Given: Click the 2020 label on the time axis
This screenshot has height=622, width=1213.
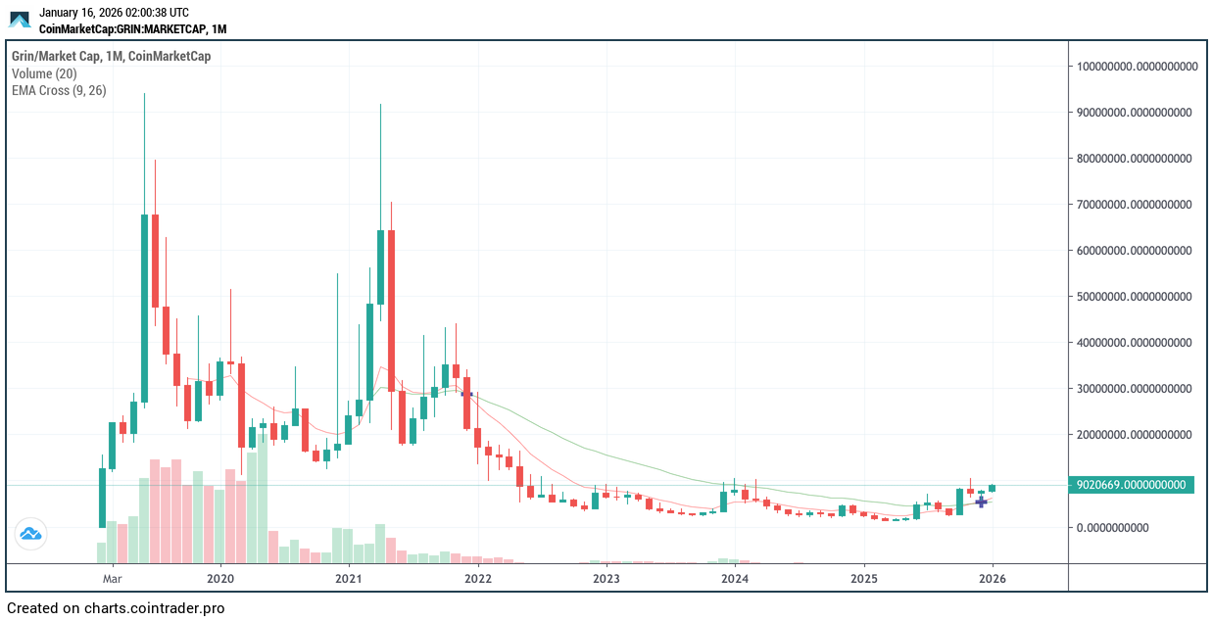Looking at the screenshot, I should pyautogui.click(x=220, y=578).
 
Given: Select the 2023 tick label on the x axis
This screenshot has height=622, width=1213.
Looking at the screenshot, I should pyautogui.click(x=606, y=578).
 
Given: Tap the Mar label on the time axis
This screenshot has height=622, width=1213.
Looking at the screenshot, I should pyautogui.click(x=112, y=578).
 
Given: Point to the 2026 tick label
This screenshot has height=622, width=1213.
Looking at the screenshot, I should pyautogui.click(x=993, y=578).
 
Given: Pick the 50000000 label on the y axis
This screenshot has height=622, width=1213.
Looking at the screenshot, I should pyautogui.click(x=1134, y=297).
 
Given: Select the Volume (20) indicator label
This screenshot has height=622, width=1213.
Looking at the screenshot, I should pyautogui.click(x=44, y=73).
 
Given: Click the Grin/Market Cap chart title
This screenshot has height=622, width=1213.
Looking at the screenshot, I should pyautogui.click(x=111, y=57).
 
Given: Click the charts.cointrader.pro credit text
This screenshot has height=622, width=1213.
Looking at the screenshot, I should pyautogui.click(x=116, y=608).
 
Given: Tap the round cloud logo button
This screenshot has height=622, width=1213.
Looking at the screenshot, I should pyautogui.click(x=29, y=535).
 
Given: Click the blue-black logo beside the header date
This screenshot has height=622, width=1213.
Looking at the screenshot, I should pyautogui.click(x=20, y=20).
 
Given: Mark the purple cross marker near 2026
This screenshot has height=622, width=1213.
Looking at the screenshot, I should pyautogui.click(x=981, y=502).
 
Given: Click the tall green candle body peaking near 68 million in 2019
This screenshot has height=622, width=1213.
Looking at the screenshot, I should pyautogui.click(x=144, y=309).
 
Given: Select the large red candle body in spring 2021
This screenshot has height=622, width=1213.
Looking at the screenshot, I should pyautogui.click(x=391, y=311).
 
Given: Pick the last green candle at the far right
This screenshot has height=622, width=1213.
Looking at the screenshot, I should pyautogui.click(x=993, y=488).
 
